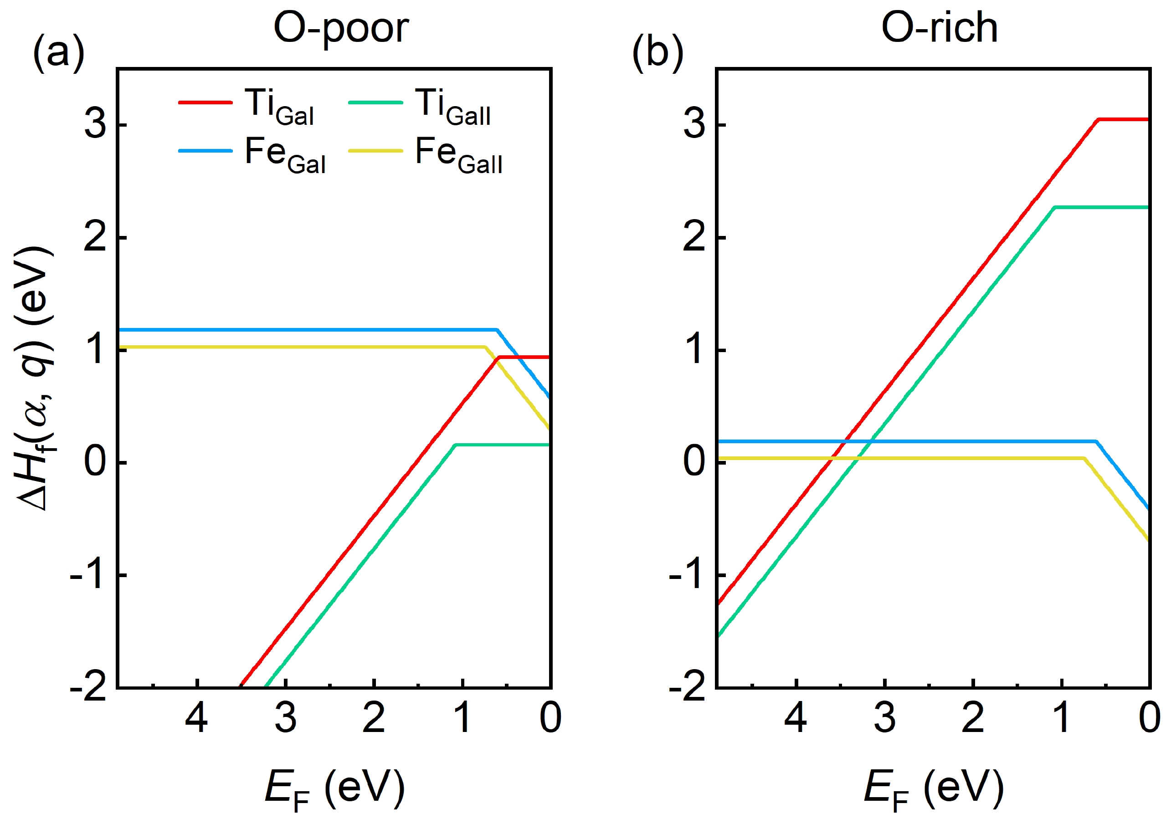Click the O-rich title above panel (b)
pyautogui.click(x=939, y=28)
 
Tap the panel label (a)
pyautogui.click(x=58, y=53)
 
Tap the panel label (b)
pyautogui.click(x=657, y=53)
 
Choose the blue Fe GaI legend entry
pyautogui.click(x=252, y=154)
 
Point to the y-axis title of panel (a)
pyautogui.click(x=35, y=378)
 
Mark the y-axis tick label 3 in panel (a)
pyautogui.click(x=96, y=125)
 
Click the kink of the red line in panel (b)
pyautogui.click(x=1099, y=120)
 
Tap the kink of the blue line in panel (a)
pyautogui.click(x=496, y=330)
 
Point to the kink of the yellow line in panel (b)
pyautogui.click(x=1084, y=458)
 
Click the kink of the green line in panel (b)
pyautogui.click(x=1055, y=207)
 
